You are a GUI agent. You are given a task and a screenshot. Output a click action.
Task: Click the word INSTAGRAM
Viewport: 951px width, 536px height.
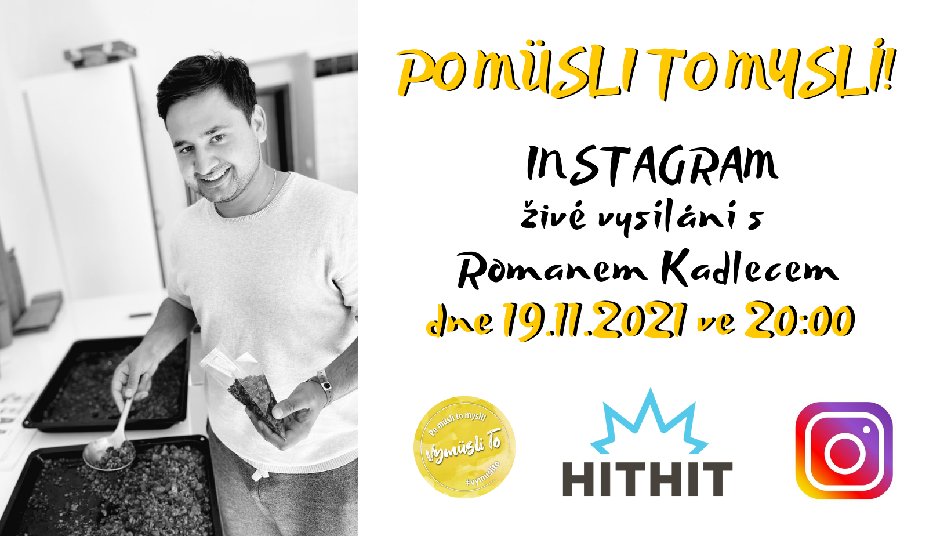click(652, 166)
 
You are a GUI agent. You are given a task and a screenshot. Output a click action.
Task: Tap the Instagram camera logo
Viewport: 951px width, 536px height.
click(844, 450)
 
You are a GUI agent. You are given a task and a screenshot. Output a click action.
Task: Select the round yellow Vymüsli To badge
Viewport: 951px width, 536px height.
click(464, 447)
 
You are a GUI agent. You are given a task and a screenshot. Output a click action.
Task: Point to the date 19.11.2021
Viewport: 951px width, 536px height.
click(594, 320)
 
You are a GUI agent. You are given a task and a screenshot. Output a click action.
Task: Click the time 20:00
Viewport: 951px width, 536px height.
click(800, 320)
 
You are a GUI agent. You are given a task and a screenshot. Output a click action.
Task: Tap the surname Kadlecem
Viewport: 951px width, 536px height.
click(750, 269)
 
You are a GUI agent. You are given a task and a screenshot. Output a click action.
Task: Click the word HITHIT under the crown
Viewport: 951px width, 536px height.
click(648, 479)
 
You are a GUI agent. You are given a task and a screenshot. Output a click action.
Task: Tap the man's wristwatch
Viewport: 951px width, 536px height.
click(324, 384)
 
